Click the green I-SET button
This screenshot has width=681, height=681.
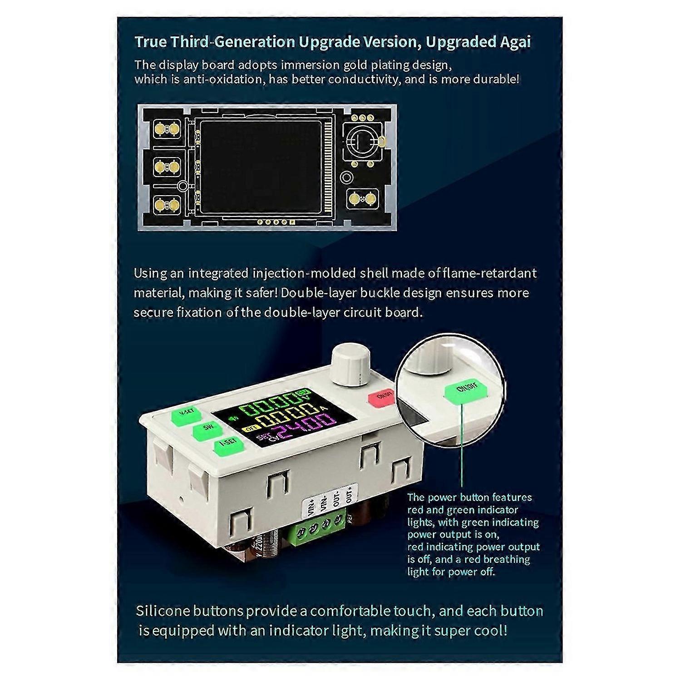pos(228,448)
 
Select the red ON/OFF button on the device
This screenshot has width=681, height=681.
pos(383,396)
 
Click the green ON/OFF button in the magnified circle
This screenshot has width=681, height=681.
pos(465,391)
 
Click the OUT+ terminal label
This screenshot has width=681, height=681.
pos(349,494)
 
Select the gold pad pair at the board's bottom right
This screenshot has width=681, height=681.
pos(362,198)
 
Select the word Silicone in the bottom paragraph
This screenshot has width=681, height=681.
pos(163,611)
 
